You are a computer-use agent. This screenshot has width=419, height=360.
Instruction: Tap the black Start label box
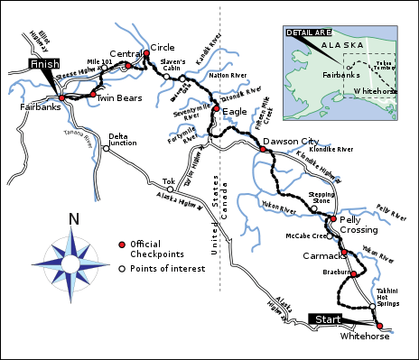(328, 319)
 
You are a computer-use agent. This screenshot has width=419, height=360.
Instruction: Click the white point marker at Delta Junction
(106, 149)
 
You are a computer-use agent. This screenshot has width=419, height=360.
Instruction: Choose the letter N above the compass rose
(74, 219)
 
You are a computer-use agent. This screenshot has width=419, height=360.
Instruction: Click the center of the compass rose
(74, 258)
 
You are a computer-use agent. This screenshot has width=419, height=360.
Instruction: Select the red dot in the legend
(121, 245)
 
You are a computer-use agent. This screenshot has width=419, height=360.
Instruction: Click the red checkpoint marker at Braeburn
(353, 273)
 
